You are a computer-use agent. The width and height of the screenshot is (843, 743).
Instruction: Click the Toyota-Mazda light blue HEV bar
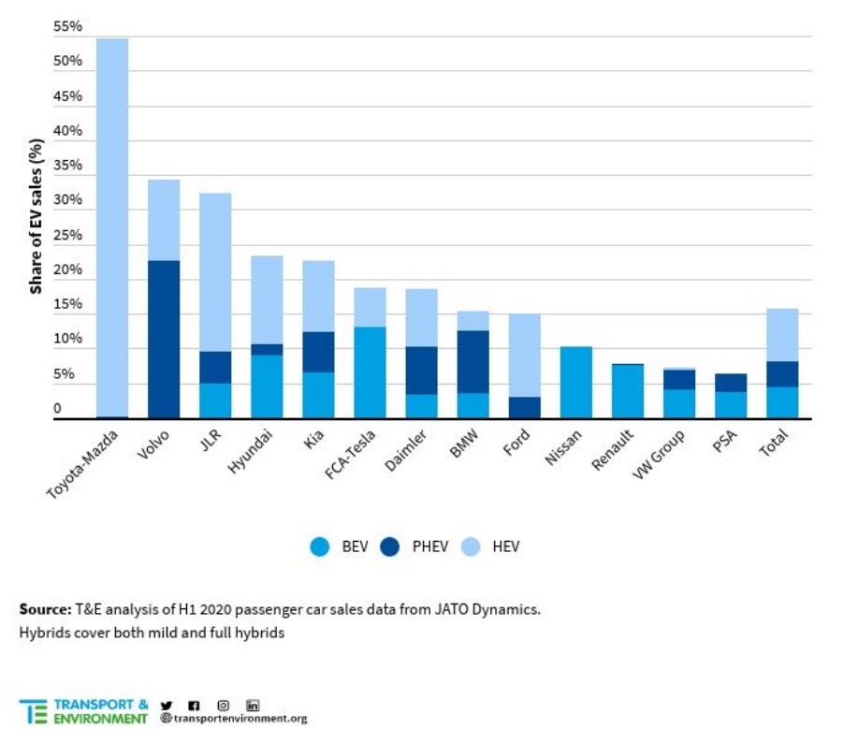(x=112, y=225)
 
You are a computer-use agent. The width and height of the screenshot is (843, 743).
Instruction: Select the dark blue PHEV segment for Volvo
(x=164, y=339)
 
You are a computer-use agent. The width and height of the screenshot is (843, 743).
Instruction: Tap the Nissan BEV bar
(x=575, y=382)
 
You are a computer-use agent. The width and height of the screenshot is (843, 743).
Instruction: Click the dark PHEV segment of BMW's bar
(x=472, y=361)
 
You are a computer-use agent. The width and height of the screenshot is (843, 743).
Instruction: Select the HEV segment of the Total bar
(x=781, y=334)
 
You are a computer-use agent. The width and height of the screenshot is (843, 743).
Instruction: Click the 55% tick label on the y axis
(x=68, y=26)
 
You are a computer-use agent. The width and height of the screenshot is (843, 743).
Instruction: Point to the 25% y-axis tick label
(x=68, y=235)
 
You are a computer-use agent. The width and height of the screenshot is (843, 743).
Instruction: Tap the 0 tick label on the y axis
(x=57, y=409)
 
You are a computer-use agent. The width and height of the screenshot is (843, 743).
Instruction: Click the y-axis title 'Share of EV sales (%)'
(x=36, y=215)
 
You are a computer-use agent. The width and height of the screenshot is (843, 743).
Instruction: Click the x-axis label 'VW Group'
(x=655, y=454)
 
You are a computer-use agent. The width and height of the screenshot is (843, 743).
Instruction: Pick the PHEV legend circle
(x=391, y=546)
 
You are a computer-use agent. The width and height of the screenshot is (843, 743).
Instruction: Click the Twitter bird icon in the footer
(x=167, y=705)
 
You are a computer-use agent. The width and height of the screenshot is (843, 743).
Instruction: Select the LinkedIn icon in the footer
(x=253, y=705)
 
